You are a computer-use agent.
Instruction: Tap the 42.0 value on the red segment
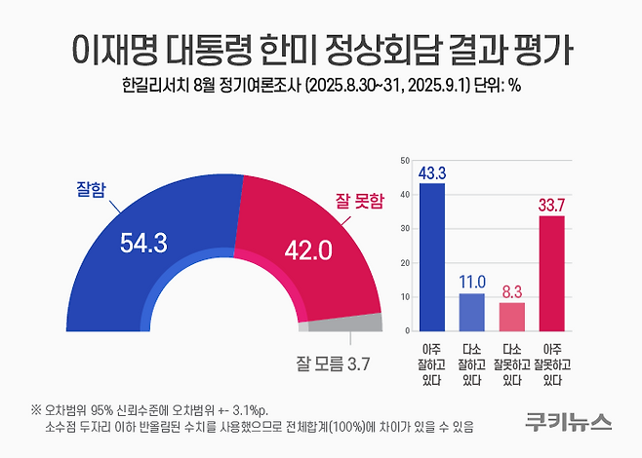tap(308, 251)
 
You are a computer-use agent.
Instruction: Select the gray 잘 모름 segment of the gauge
tap(360, 323)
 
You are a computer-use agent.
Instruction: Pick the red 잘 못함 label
tap(353, 202)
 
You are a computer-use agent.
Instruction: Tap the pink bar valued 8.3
tap(511, 316)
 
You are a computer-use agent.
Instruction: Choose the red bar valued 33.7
tap(552, 273)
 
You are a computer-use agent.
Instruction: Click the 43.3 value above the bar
tap(431, 172)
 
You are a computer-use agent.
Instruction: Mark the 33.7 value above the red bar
tap(552, 204)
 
